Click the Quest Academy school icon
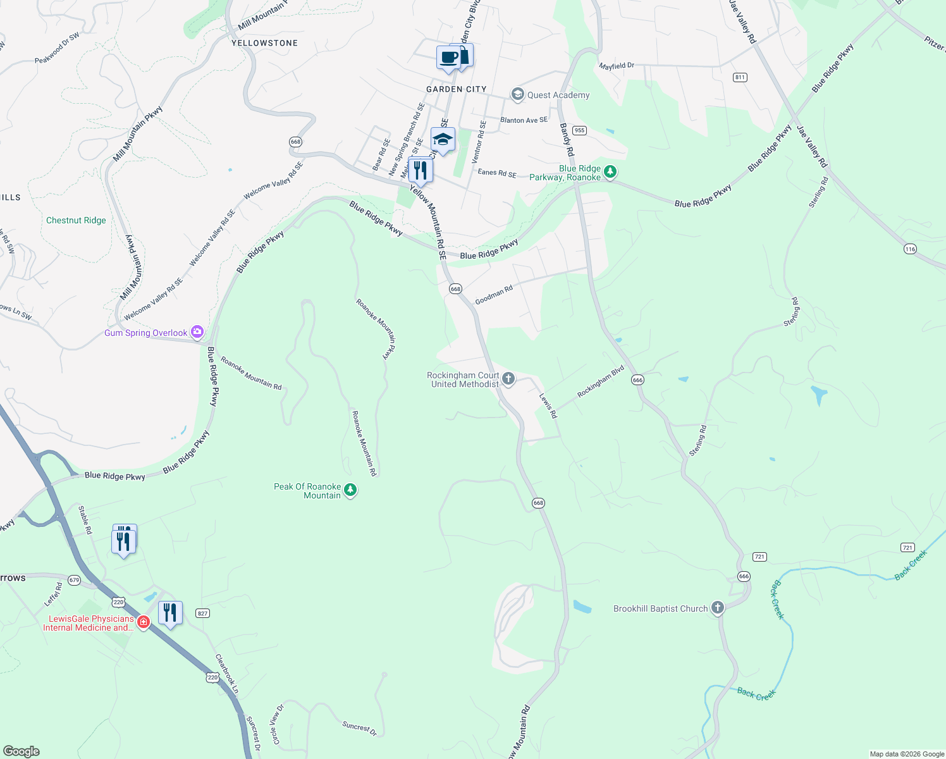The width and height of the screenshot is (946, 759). click(x=518, y=95)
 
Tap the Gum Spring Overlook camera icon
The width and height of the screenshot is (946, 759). click(x=197, y=332)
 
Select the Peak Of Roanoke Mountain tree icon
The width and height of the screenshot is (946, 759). click(x=350, y=490)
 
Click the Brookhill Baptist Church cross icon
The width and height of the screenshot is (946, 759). click(x=717, y=608)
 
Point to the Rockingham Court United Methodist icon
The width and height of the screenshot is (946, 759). click(x=508, y=379)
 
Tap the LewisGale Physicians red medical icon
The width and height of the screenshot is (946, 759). click(x=144, y=623)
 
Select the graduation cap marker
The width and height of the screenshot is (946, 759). click(x=443, y=140)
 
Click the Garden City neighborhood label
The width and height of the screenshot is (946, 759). click(x=456, y=89)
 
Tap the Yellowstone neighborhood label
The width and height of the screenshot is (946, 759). click(x=264, y=43)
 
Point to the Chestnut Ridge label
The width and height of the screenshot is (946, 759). click(x=76, y=220)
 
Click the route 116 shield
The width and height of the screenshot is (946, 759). click(x=910, y=249)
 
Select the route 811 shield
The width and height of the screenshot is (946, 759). click(x=740, y=77)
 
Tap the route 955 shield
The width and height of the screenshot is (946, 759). click(x=579, y=130)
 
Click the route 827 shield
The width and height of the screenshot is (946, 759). click(x=202, y=613)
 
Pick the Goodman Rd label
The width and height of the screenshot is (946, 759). click(x=494, y=295)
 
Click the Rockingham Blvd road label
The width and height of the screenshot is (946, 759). click(x=600, y=381)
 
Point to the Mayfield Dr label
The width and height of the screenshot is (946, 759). click(x=617, y=66)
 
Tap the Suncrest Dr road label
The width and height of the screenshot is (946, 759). click(x=359, y=728)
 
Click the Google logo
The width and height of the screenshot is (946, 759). click(x=21, y=751)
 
